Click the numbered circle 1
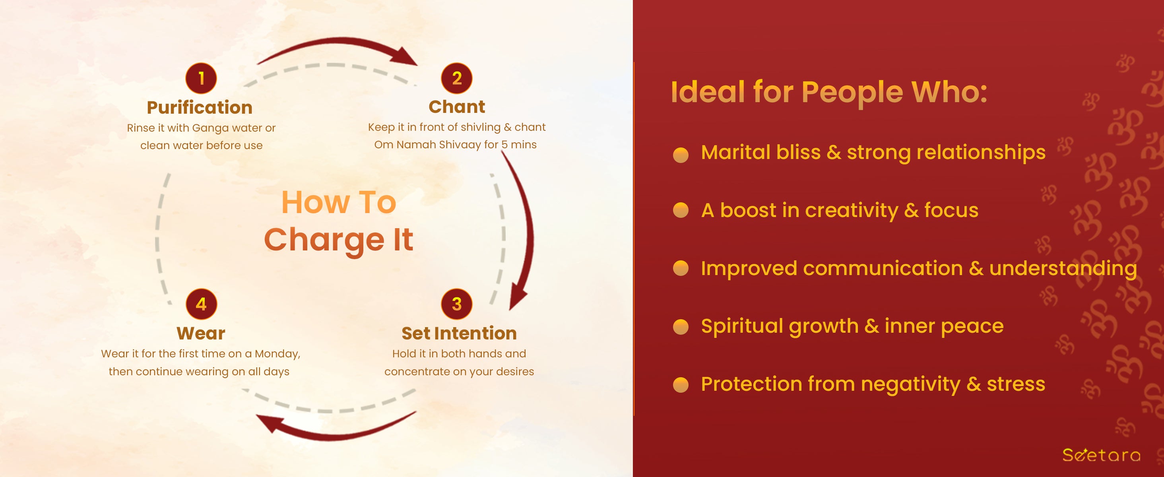pos(201,78)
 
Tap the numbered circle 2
pos(457,78)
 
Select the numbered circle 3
pos(457,304)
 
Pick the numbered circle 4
pos(202,304)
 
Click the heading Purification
pos(200,107)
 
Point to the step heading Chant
pos(457,107)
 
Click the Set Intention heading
pos(459,334)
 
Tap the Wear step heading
pos(201,334)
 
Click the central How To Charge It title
pos(339,221)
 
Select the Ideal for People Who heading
pos(829,92)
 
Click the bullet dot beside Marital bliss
pos(681,155)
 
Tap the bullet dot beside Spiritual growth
pos(681,327)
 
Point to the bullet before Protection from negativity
pos(681,385)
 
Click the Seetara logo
pos(1101,454)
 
